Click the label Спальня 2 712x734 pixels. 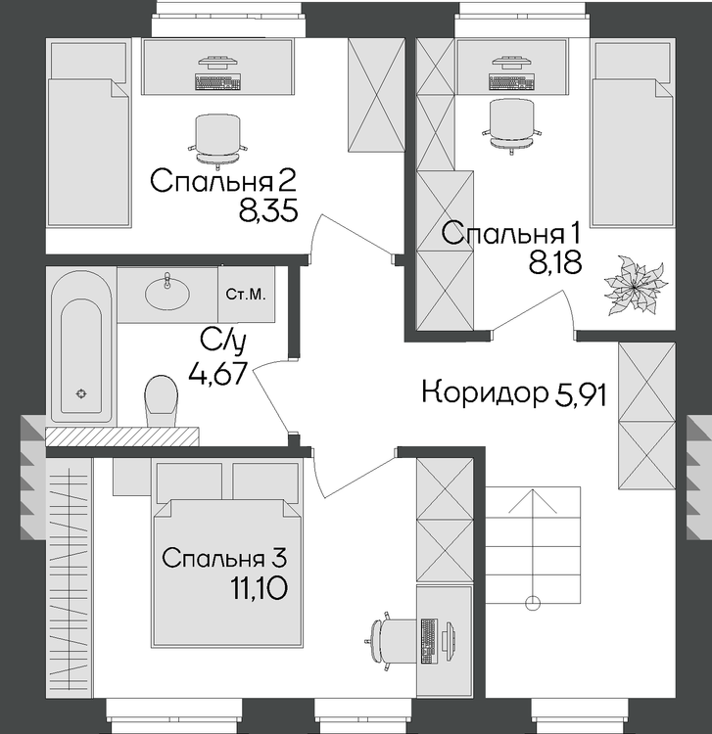click(223, 181)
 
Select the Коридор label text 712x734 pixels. click(485, 392)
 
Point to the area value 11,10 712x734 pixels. click(259, 588)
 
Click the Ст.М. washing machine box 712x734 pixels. click(247, 295)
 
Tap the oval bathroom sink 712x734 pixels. click(167, 293)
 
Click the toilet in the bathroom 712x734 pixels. click(162, 400)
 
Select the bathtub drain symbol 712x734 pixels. click(81, 393)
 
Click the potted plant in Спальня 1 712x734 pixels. click(636, 284)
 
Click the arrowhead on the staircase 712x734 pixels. click(533, 500)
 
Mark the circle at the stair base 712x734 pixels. click(533, 604)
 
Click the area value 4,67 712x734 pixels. click(217, 374)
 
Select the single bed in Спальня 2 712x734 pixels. click(88, 134)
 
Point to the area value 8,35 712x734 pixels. click(268, 211)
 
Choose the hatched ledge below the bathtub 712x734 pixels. click(121, 436)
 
